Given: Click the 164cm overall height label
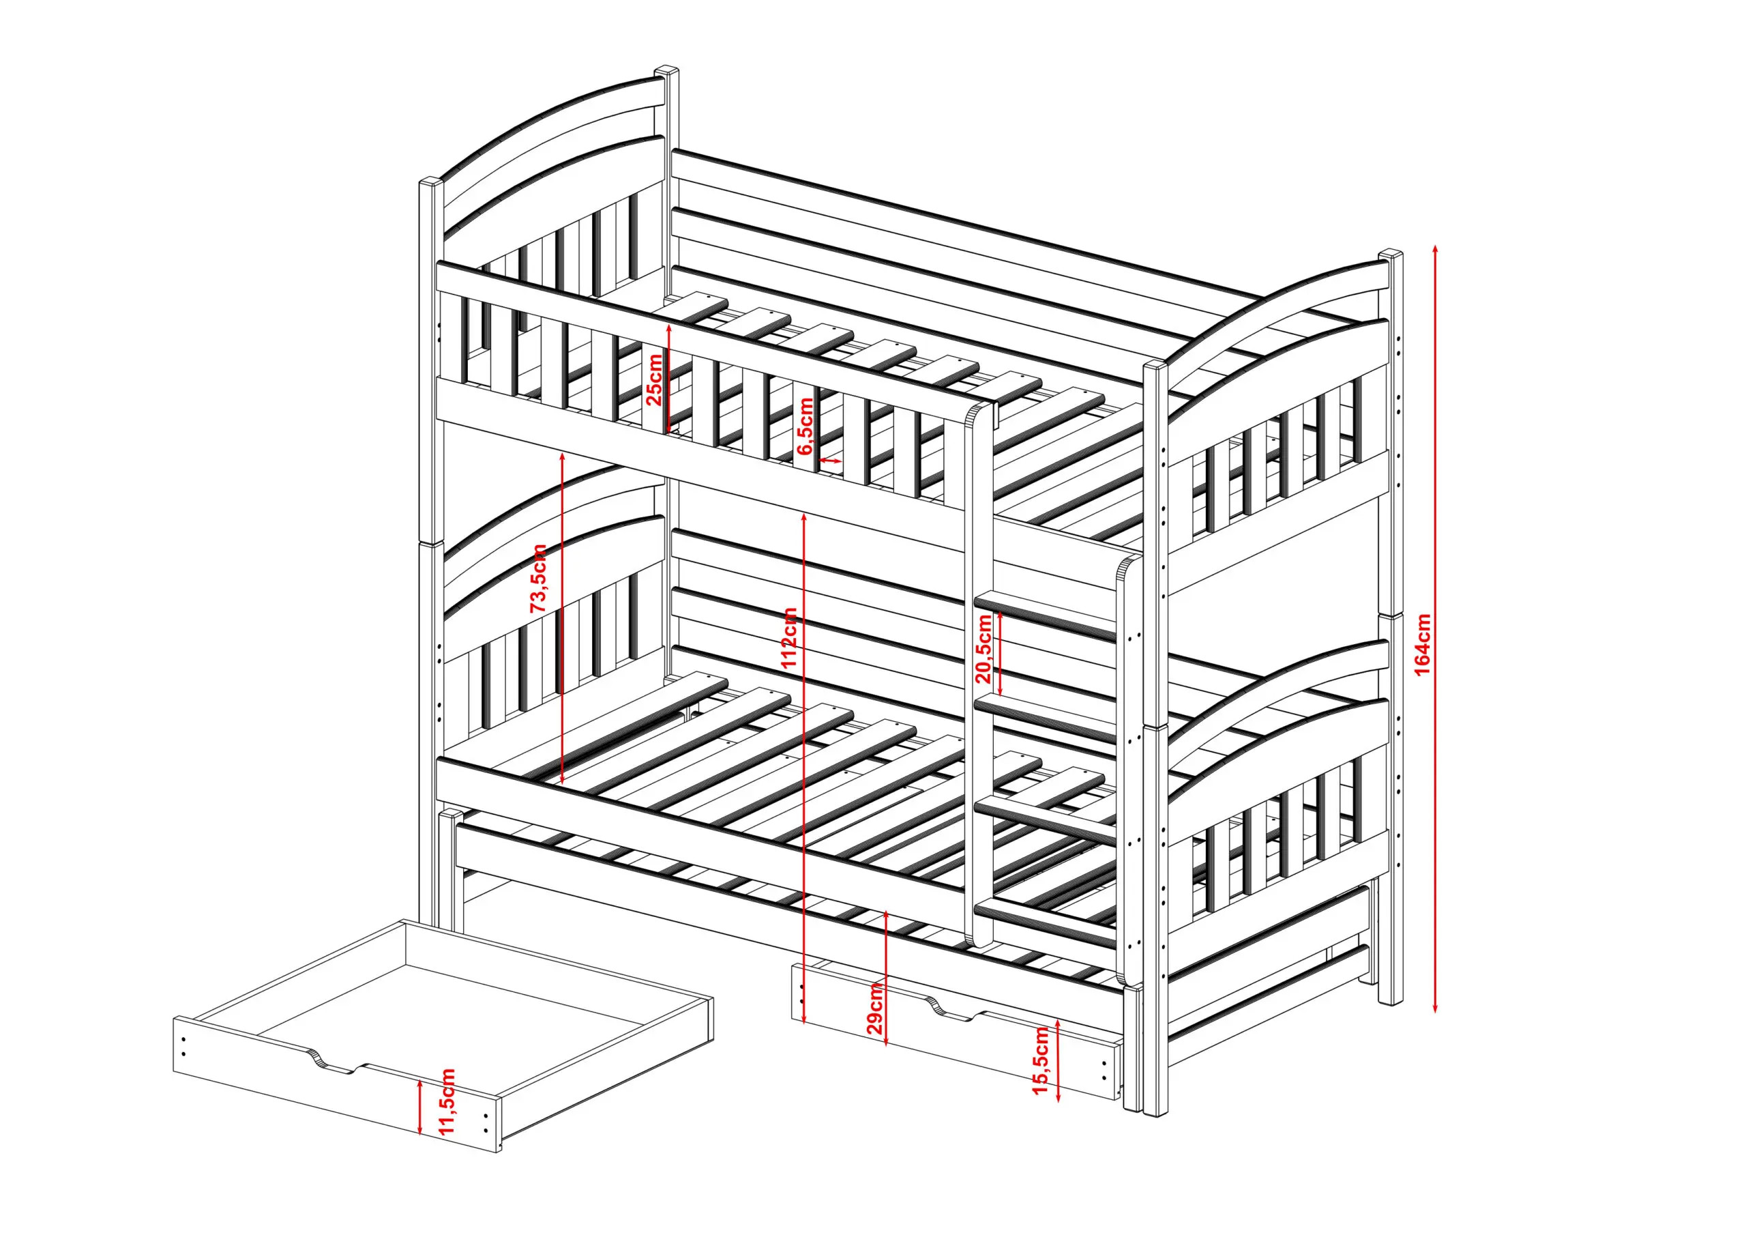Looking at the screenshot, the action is pos(1422,643).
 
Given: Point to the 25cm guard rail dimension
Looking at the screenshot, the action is pos(654,378).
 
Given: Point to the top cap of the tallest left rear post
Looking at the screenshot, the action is pos(667,70).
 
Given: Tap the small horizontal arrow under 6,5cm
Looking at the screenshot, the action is pos(831,461).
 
